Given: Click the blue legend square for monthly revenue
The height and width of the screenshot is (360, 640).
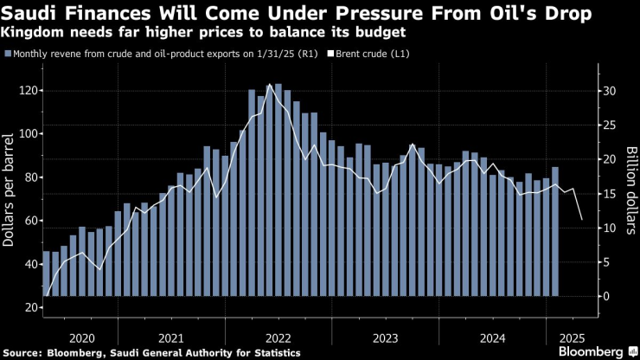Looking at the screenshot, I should pyautogui.click(x=8, y=54).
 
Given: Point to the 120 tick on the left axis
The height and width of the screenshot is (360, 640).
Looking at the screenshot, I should pyautogui.click(x=31, y=91).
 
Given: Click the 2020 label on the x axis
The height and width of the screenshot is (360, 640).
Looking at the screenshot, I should pyautogui.click(x=80, y=337).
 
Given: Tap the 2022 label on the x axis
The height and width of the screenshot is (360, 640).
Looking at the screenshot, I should pyautogui.click(x=278, y=337).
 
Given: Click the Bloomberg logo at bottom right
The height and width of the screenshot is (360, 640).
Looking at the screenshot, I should pyautogui.click(x=586, y=351).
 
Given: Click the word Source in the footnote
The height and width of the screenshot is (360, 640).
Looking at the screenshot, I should pyautogui.click(x=26, y=352).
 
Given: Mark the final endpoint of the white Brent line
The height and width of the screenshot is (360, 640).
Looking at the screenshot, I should pyautogui.click(x=582, y=220).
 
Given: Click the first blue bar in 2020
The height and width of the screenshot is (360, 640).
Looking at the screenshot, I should pyautogui.click(x=47, y=273).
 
